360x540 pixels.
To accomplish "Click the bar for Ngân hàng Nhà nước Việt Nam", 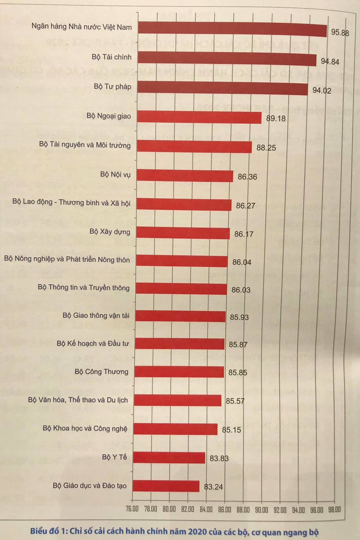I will [x=232, y=29].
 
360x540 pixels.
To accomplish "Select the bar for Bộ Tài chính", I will [x=227, y=58].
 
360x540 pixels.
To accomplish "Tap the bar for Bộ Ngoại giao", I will [x=199, y=117].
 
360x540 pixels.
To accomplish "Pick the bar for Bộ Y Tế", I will [x=169, y=458].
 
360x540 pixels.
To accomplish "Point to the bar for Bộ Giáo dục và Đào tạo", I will [x=166, y=486].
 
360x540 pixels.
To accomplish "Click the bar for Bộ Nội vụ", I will [x=185, y=176].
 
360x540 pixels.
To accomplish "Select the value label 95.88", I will [x=340, y=32].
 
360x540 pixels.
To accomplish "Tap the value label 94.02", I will [x=322, y=91].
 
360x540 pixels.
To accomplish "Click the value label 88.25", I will [x=266, y=148].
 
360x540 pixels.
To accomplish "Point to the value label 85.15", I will [x=231, y=430].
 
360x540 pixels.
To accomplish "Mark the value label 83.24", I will [x=214, y=487].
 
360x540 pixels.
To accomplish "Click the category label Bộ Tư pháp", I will [x=113, y=86].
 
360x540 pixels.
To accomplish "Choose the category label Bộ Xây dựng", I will [x=110, y=232].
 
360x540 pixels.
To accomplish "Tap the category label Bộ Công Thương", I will [x=102, y=372].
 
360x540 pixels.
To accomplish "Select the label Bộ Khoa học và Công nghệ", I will [x=85, y=428].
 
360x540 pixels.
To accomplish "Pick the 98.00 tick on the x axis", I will [x=334, y=509].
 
